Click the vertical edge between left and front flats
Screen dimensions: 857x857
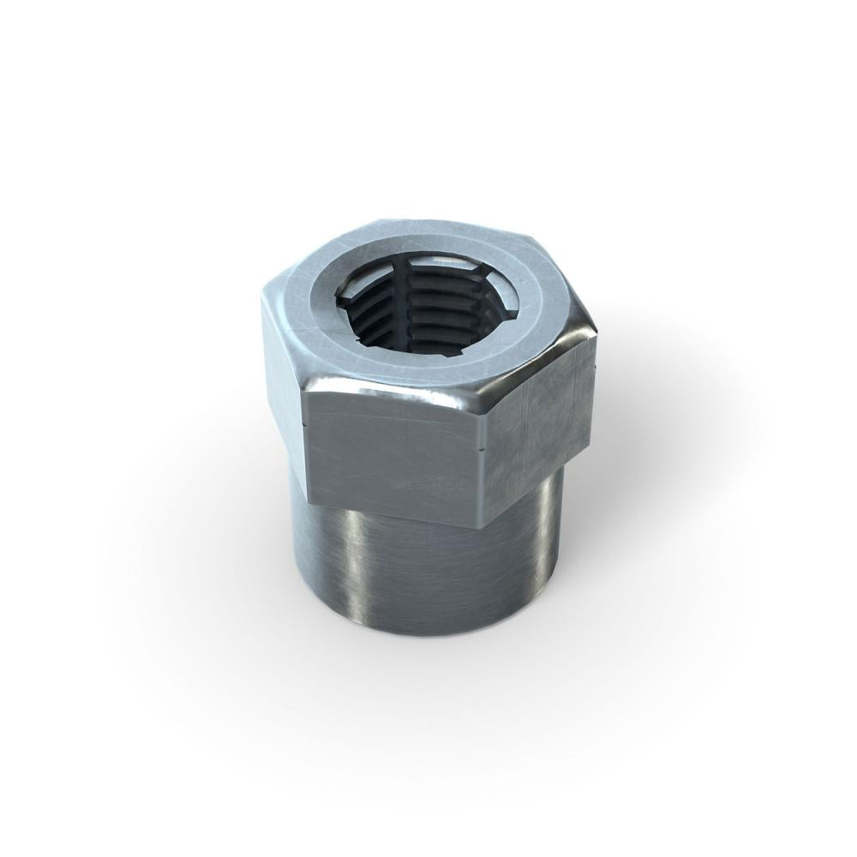pyautogui.click(x=306, y=446)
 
